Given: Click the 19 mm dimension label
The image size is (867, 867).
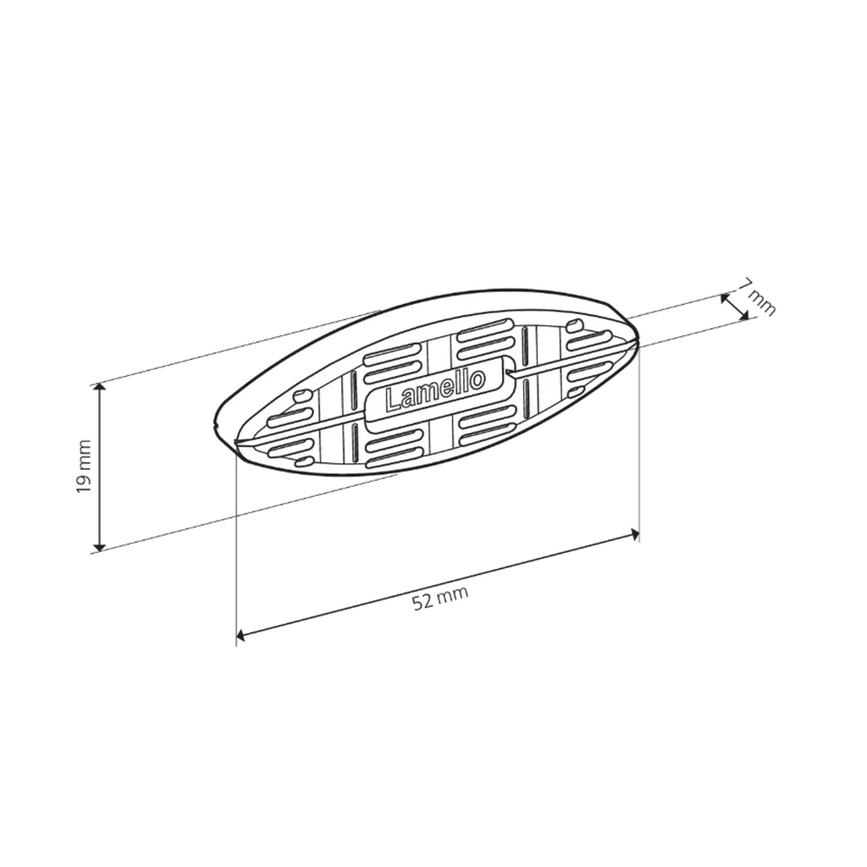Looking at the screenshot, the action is tap(84, 467).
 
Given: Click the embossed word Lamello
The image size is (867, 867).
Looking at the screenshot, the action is tap(435, 389).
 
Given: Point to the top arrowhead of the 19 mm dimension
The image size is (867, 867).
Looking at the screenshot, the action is tap(100, 388).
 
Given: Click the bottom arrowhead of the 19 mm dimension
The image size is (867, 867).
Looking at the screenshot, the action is tap(100, 545).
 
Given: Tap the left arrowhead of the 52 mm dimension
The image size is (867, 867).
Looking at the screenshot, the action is tap(242, 634).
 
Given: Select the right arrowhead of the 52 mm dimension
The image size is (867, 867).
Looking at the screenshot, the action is tap(634, 534).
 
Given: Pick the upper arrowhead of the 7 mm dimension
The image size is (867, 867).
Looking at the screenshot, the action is tap(725, 299).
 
